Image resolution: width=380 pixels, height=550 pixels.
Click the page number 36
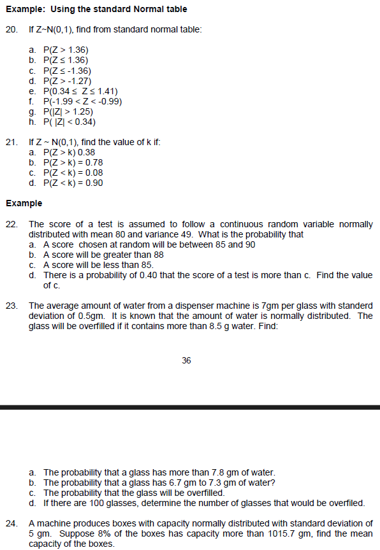tap(186, 360)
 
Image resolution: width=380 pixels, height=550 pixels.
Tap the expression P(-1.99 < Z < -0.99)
tap(82, 101)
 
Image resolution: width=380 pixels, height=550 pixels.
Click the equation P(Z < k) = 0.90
tap(73, 183)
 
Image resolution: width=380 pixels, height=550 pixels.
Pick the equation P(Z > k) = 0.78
tap(73, 162)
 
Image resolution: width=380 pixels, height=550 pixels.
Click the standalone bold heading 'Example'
tap(24, 204)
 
